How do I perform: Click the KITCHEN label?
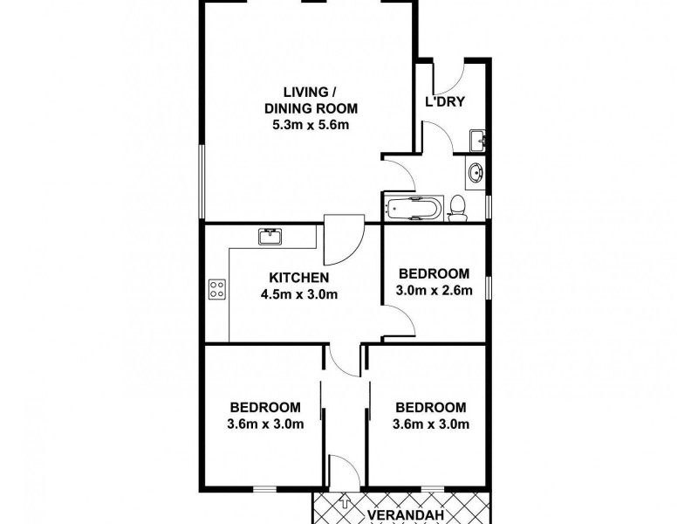295,277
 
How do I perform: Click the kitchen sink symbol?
269,235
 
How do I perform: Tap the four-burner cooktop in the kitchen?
217,289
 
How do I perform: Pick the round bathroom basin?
476,173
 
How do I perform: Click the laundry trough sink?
477,140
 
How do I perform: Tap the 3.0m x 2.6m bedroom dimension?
435,290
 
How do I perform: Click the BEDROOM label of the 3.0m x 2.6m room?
435,273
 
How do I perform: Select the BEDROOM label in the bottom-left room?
265,408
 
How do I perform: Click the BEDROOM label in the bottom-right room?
431,408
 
